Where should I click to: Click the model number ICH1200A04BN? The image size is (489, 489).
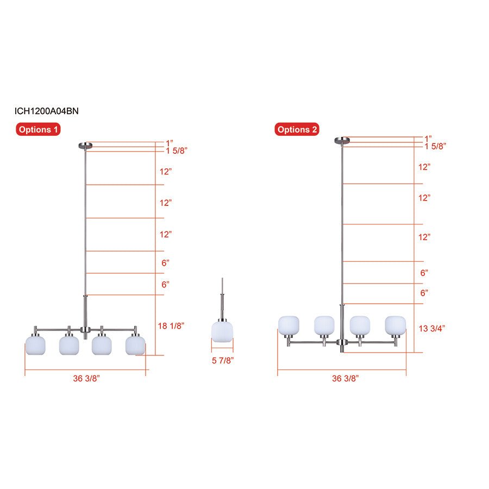point(47,111)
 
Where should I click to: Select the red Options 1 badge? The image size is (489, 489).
point(38,130)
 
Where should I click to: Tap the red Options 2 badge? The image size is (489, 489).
point(297,130)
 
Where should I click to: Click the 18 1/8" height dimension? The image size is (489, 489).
point(172,325)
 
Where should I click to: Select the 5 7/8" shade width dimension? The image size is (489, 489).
point(223,360)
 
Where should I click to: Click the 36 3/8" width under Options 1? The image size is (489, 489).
point(86,378)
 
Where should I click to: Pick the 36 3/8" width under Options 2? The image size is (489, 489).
point(346,378)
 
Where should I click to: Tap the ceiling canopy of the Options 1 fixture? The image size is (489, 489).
point(85,145)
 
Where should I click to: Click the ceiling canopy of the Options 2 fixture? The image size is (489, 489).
point(342,141)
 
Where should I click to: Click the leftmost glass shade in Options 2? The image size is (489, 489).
point(289,325)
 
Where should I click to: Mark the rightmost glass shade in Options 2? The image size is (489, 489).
point(396,325)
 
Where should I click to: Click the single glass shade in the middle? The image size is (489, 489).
point(222,332)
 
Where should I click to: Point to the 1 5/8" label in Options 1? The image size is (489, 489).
point(177,150)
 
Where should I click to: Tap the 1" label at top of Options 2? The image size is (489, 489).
point(428,139)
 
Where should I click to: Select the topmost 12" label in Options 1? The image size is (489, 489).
point(166,171)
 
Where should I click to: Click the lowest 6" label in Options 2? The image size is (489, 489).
point(424,293)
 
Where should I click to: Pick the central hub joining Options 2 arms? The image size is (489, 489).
point(342,342)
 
